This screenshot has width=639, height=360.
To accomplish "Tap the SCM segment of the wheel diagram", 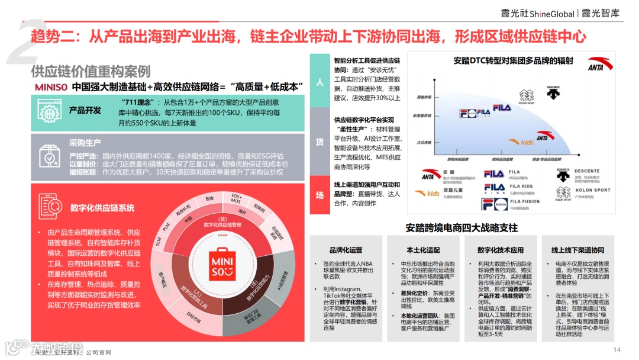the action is click(x=158, y=241).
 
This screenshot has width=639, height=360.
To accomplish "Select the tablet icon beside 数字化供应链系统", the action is click(x=50, y=207).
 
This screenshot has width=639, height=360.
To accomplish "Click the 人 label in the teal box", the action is click(x=319, y=82).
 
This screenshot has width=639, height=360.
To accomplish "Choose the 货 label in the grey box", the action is click(x=319, y=141).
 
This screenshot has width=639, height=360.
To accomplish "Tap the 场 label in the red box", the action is click(x=319, y=195).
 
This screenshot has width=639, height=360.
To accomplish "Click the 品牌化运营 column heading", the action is click(x=346, y=250).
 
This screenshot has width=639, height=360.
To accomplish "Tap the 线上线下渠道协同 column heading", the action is click(x=577, y=250).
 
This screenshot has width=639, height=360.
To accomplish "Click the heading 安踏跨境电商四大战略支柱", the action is click(x=461, y=227).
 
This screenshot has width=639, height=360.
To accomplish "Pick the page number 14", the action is click(x=617, y=349).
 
